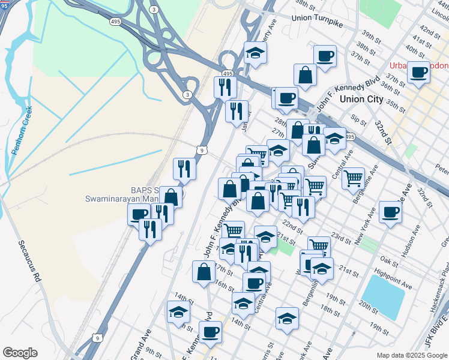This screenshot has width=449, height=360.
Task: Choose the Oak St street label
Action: pos(390,262)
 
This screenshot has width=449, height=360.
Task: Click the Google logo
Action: pos(20,353)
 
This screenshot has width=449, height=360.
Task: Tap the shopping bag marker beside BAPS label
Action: pos(171,197)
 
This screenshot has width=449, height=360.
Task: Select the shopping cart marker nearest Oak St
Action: pos(319,245)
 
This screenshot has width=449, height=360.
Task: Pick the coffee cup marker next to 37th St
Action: pos(418,73)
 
